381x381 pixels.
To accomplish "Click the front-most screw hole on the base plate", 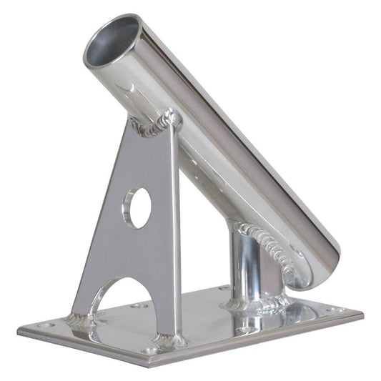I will click(149, 351).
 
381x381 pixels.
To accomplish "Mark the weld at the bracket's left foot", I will click(81, 320).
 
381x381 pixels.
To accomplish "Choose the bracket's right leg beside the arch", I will click(166, 307).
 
